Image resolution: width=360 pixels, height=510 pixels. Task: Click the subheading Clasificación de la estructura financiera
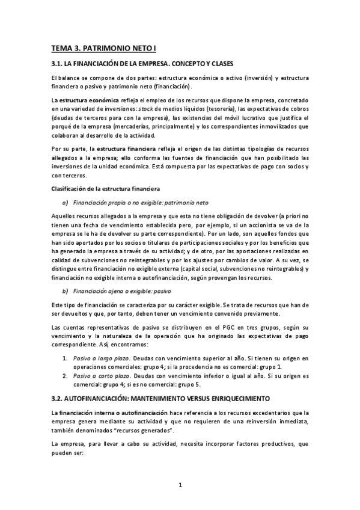(105, 189)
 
